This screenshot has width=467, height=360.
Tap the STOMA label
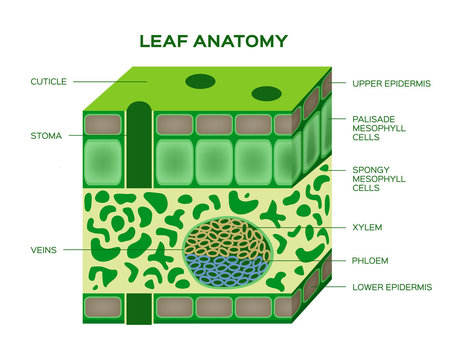(x=47, y=134)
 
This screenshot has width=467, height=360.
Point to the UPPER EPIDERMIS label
(x=391, y=84)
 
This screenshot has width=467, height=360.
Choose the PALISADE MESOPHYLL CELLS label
(x=382, y=129)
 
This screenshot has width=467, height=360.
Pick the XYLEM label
(x=367, y=227)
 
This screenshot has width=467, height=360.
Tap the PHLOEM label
(x=370, y=260)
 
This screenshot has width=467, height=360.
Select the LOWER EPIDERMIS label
(x=392, y=287)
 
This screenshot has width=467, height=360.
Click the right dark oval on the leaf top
(x=266, y=94)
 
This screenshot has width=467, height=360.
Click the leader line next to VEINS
(x=95, y=248)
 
